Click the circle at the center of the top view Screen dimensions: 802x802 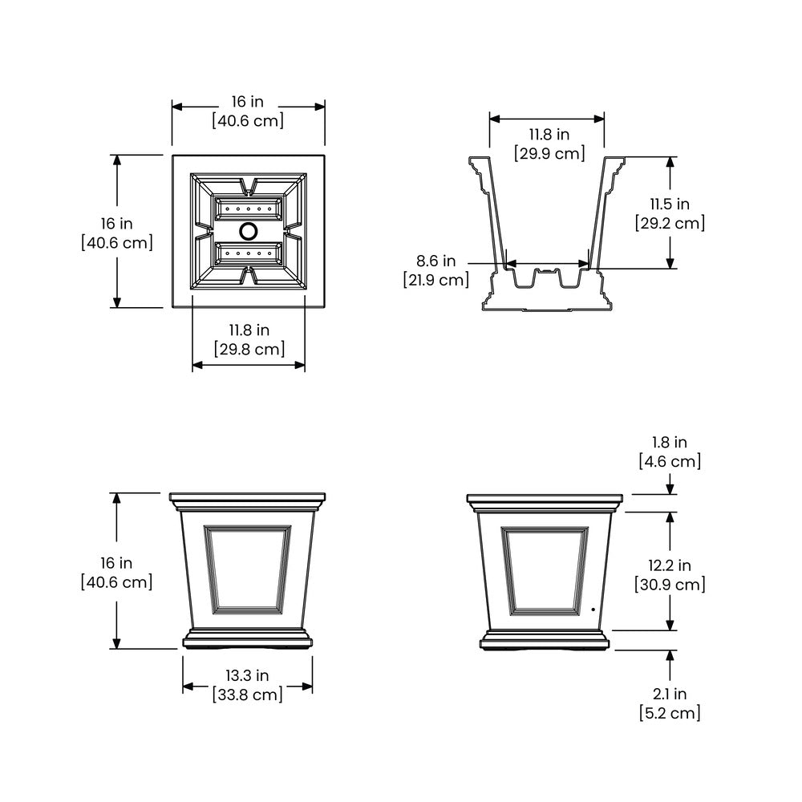249,231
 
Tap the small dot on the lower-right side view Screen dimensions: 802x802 593,610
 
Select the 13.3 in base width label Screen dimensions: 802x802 248,675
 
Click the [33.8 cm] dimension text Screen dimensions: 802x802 248,695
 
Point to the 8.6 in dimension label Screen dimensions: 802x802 435,261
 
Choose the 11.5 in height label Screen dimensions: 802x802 670,204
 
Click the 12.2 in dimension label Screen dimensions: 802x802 670,565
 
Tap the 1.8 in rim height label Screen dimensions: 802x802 670,443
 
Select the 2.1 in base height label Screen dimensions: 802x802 670,694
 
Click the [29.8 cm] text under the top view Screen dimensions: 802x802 249,350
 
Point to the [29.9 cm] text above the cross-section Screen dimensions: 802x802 549,153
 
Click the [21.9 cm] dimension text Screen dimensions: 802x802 435,280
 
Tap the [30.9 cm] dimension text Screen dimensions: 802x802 670,584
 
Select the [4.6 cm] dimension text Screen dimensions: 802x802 670,461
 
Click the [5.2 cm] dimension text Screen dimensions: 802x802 670,713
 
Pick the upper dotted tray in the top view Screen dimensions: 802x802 249,209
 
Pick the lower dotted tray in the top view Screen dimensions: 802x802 249,253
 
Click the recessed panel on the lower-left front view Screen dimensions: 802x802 248,569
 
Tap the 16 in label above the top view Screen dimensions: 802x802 248,102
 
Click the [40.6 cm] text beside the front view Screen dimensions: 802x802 116,582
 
